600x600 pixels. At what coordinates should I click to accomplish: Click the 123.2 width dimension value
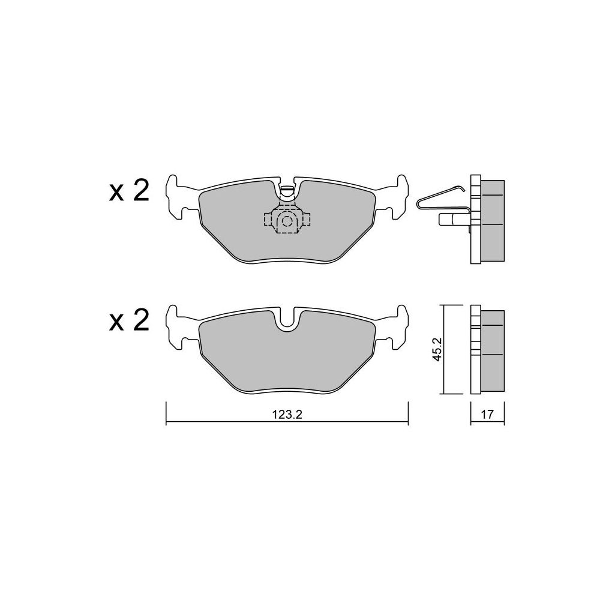coord(287,415)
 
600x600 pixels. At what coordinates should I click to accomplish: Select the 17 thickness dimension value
coord(487,415)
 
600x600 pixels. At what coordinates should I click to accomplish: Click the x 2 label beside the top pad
coord(129,192)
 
